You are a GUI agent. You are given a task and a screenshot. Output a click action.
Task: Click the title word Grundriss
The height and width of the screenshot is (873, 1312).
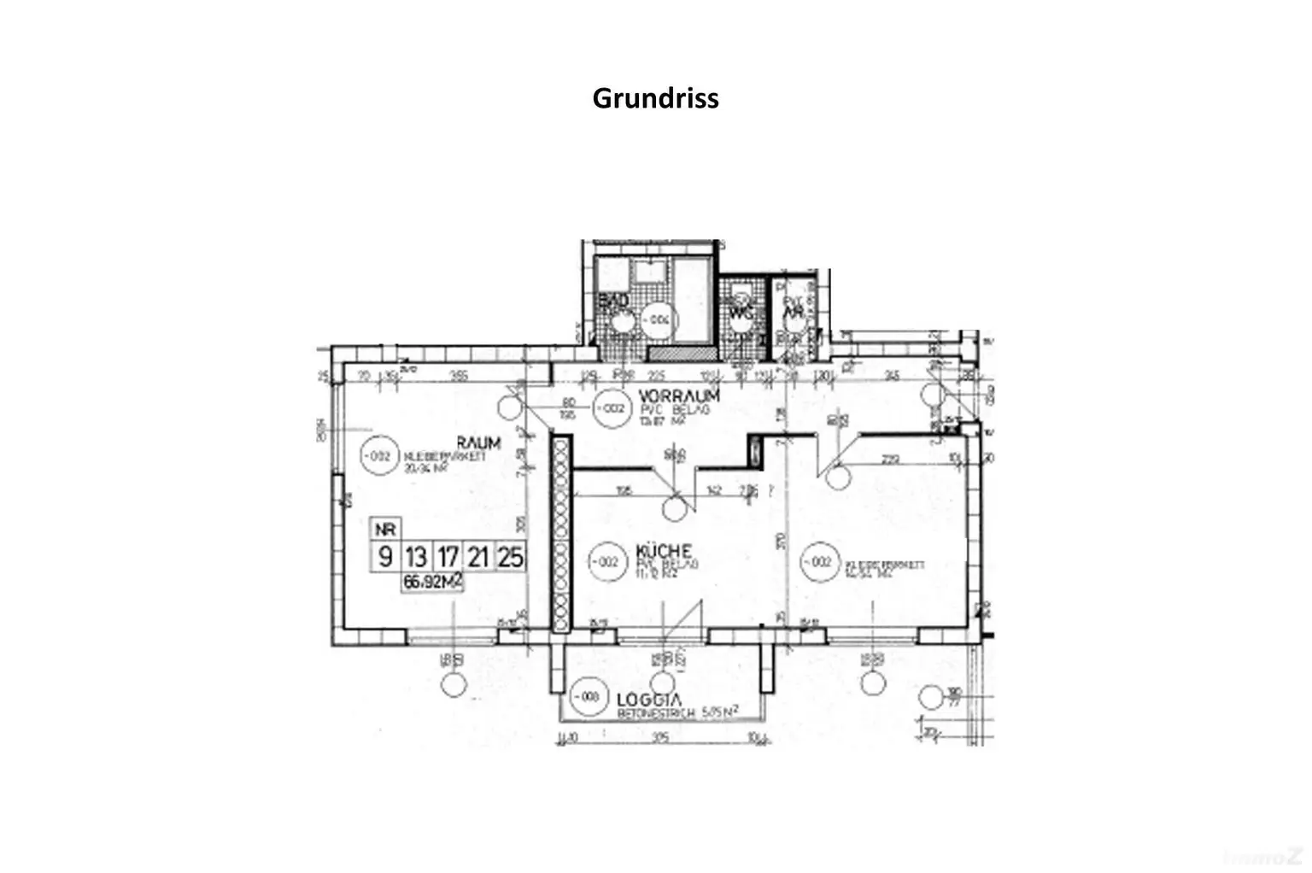tap(655, 98)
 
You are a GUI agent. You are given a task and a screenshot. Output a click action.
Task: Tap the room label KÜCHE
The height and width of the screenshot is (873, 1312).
tap(663, 551)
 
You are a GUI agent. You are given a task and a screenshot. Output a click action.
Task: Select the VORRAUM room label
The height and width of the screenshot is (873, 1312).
tap(679, 396)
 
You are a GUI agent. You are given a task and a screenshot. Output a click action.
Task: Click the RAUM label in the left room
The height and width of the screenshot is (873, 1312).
tap(478, 442)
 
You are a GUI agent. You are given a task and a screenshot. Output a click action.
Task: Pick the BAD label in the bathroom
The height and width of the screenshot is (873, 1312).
tap(613, 302)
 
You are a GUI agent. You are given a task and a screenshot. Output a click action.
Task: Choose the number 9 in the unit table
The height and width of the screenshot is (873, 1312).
tap(385, 557)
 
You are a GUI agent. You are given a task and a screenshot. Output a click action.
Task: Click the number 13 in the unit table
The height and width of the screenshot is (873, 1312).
tap(416, 557)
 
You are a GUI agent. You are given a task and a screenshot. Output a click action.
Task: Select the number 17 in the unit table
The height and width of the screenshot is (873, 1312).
tap(448, 557)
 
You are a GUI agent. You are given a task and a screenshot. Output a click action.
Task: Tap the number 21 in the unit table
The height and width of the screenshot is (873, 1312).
tap(478, 557)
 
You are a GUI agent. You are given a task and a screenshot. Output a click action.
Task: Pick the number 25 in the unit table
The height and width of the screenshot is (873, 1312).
tap(510, 557)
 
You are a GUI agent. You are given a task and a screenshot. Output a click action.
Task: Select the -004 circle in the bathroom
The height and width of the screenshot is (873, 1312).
tap(659, 319)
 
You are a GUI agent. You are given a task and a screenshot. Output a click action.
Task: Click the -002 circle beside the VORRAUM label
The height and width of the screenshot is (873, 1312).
tap(611, 408)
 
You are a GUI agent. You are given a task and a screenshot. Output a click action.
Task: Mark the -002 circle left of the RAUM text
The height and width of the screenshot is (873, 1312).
tap(379, 456)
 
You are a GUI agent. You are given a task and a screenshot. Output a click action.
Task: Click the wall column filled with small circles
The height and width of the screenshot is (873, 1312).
tap(560, 535)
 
